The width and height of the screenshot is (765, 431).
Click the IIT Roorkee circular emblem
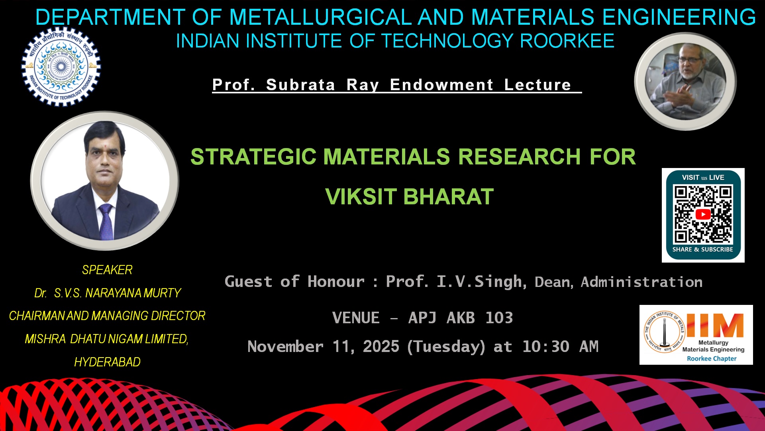(x=61, y=66)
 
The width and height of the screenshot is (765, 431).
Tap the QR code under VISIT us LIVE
(x=703, y=214)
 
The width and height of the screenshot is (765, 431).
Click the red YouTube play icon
(x=703, y=214)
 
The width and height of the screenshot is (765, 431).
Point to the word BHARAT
(x=449, y=196)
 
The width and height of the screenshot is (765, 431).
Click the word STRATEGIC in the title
(x=253, y=156)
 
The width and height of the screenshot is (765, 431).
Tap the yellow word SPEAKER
(x=107, y=270)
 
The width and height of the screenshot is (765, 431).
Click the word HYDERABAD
(x=107, y=362)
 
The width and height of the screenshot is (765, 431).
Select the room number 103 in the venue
(x=499, y=318)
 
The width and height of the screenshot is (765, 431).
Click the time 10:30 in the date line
(x=546, y=346)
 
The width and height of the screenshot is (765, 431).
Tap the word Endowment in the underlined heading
(x=441, y=85)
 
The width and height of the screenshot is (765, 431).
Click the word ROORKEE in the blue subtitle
(x=567, y=41)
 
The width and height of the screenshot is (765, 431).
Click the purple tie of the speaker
(x=106, y=221)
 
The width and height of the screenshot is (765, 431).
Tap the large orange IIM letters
(x=715, y=325)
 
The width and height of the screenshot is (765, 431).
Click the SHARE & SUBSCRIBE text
(x=703, y=249)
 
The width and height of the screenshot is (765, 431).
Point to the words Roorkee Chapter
(x=712, y=358)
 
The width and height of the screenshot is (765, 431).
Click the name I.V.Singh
(x=479, y=281)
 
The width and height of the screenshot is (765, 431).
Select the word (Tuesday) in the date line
(x=446, y=346)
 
